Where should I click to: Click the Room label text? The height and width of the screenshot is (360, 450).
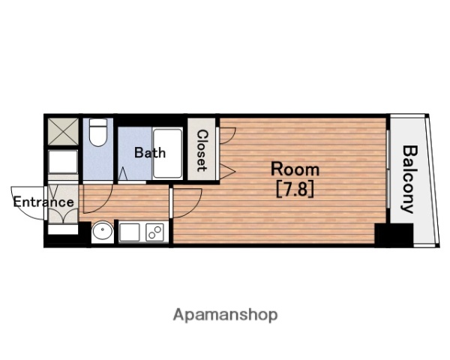click(x=295, y=169)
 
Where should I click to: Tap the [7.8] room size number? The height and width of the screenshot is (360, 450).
click(x=295, y=190)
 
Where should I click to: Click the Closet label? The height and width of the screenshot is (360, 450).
click(x=202, y=151)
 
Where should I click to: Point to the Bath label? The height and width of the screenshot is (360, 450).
click(x=150, y=152)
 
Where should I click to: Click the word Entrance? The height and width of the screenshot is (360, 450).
click(x=43, y=202)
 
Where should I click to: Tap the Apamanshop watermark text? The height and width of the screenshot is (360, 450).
click(x=225, y=315)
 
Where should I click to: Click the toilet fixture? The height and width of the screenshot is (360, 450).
click(x=98, y=132)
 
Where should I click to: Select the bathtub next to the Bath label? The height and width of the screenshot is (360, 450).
click(x=167, y=153)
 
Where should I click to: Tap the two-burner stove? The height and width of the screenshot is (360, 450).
click(x=155, y=232)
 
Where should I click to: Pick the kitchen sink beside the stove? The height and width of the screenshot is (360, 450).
click(x=130, y=232)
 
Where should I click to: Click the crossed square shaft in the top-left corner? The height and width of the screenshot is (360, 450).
click(x=63, y=132)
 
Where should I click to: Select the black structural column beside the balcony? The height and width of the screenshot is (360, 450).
click(x=394, y=235)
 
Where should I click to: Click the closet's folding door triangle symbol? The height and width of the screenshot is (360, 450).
click(x=228, y=172)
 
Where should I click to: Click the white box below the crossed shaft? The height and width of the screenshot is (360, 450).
click(x=63, y=162)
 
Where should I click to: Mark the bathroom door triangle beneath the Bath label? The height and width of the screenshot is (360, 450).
click(x=123, y=174)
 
